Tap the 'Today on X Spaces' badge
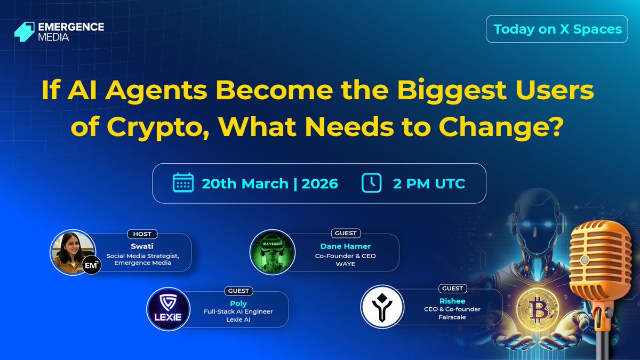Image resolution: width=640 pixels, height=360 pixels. (x=557, y=29)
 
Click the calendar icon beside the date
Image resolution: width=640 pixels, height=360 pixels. (x=183, y=183)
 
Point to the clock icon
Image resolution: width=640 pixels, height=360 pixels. (x=371, y=183)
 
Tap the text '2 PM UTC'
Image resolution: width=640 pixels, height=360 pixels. (x=429, y=184)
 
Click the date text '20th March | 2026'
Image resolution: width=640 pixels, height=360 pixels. (x=270, y=184)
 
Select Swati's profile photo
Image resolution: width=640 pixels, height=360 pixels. (x=73, y=250)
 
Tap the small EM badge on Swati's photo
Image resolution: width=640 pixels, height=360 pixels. (x=91, y=265)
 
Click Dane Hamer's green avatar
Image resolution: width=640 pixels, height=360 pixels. (x=273, y=251)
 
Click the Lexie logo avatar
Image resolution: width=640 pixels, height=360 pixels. (x=169, y=308)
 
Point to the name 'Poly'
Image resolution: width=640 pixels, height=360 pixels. (x=238, y=303)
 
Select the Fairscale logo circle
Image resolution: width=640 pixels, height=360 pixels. (x=382, y=306)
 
